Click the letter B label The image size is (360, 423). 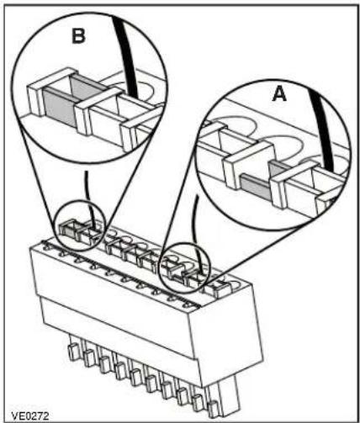78,36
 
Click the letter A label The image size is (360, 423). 279,93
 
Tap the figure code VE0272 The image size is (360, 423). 30,415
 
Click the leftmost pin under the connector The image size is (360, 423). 73,352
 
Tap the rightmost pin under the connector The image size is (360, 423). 214,410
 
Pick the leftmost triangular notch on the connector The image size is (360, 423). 47,246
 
